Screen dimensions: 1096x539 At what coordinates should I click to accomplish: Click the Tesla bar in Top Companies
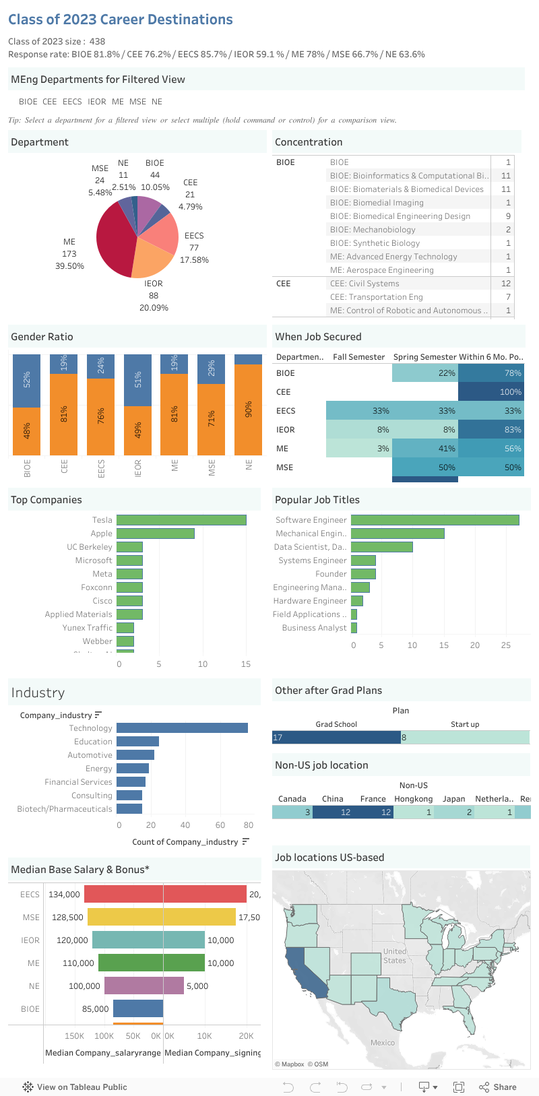pyautogui.click(x=181, y=520)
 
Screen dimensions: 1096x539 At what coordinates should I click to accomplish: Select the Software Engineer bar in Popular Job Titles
pyautogui.click(x=435, y=520)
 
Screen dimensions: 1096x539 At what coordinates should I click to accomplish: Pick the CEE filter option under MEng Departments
pyautogui.click(x=50, y=102)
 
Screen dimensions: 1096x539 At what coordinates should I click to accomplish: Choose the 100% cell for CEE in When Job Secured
pyautogui.click(x=491, y=392)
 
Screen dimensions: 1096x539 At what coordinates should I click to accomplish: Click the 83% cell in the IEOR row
pyautogui.click(x=491, y=430)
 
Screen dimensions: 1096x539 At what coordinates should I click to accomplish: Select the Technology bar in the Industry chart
pyautogui.click(x=182, y=728)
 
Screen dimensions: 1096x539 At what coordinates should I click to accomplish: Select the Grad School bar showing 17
pyautogui.click(x=336, y=738)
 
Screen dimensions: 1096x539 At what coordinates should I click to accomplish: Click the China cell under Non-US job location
pyautogui.click(x=333, y=812)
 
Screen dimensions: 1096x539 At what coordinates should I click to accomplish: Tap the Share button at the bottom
pyautogui.click(x=498, y=1087)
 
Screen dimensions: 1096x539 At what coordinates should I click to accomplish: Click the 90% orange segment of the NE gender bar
pyautogui.click(x=249, y=410)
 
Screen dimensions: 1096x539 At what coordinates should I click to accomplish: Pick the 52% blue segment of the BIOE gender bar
pyautogui.click(x=27, y=381)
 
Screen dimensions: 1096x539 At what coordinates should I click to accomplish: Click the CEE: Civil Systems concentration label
pyautogui.click(x=364, y=284)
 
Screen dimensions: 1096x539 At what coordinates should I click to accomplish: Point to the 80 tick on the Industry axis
pyautogui.click(x=249, y=825)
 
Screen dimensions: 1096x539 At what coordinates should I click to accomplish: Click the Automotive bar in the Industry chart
pyautogui.click(x=135, y=755)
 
